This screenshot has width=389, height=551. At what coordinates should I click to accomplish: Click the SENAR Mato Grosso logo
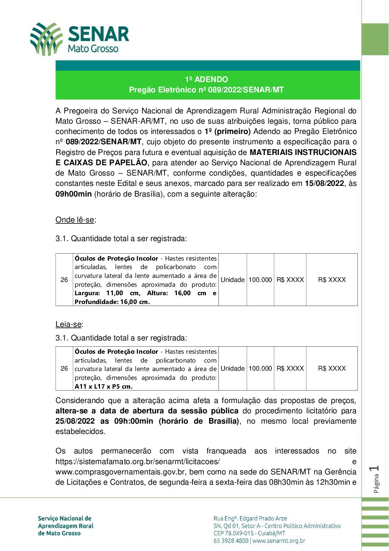click(79, 39)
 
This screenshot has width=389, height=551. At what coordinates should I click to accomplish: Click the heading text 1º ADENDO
click(206, 80)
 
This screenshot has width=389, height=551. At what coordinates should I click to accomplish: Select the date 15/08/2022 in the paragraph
click(324, 183)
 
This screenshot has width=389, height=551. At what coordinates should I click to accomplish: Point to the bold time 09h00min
click(74, 194)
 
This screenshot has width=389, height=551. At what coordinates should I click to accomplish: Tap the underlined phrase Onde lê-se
click(75, 220)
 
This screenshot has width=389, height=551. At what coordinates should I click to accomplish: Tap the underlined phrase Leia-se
click(68, 324)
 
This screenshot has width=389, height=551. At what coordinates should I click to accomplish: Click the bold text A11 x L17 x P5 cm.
click(104, 386)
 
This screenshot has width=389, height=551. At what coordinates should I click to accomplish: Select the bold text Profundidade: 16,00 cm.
click(112, 302)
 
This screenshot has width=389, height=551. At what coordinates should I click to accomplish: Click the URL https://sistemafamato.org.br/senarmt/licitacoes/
click(138, 462)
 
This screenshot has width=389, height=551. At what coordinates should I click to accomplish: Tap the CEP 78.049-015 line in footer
click(249, 533)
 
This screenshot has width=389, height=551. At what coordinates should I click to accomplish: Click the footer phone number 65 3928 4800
click(231, 541)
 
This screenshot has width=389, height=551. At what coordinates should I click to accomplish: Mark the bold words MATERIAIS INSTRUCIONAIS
click(303, 152)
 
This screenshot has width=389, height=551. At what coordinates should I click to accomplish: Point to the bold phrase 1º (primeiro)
click(228, 131)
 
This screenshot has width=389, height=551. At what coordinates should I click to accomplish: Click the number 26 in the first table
click(64, 280)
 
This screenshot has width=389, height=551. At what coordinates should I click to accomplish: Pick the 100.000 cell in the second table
click(260, 368)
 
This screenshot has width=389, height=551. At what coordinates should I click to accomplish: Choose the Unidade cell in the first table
click(232, 280)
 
